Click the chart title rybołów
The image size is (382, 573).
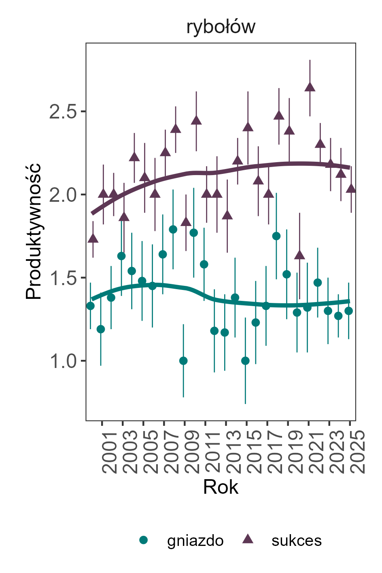[x=221, y=27]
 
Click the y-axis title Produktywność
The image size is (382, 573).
[x=34, y=231]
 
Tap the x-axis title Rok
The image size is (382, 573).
[x=221, y=487]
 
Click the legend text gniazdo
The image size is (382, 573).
[x=195, y=541]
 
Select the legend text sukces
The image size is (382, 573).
[x=297, y=541]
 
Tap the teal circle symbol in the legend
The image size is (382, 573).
[x=143, y=540]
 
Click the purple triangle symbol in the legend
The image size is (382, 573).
[x=248, y=539]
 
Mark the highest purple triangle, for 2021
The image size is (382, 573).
[x=310, y=87]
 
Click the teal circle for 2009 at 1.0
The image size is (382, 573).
[x=183, y=361]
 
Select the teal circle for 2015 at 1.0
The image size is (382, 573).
[x=245, y=361]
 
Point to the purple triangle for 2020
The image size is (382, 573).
[x=299, y=255]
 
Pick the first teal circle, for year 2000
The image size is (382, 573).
[x=90, y=306]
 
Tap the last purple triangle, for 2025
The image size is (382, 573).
[x=351, y=188]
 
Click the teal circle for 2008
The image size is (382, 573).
[x=173, y=229]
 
